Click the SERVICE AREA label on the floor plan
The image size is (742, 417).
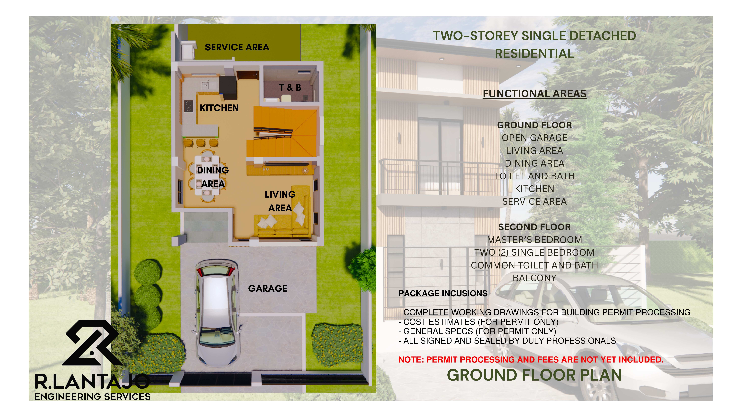(237, 47)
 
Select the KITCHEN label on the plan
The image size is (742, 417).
(219, 108)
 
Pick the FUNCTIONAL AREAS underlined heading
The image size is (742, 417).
(534, 94)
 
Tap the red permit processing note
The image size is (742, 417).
(531, 359)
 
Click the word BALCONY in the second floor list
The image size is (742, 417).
(534, 278)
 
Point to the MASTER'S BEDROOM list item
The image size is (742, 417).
(534, 240)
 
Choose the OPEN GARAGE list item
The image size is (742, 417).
(534, 138)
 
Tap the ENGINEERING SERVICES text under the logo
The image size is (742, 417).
(92, 397)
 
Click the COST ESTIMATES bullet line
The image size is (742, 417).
(478, 322)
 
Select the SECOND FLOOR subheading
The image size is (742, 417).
(534, 227)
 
